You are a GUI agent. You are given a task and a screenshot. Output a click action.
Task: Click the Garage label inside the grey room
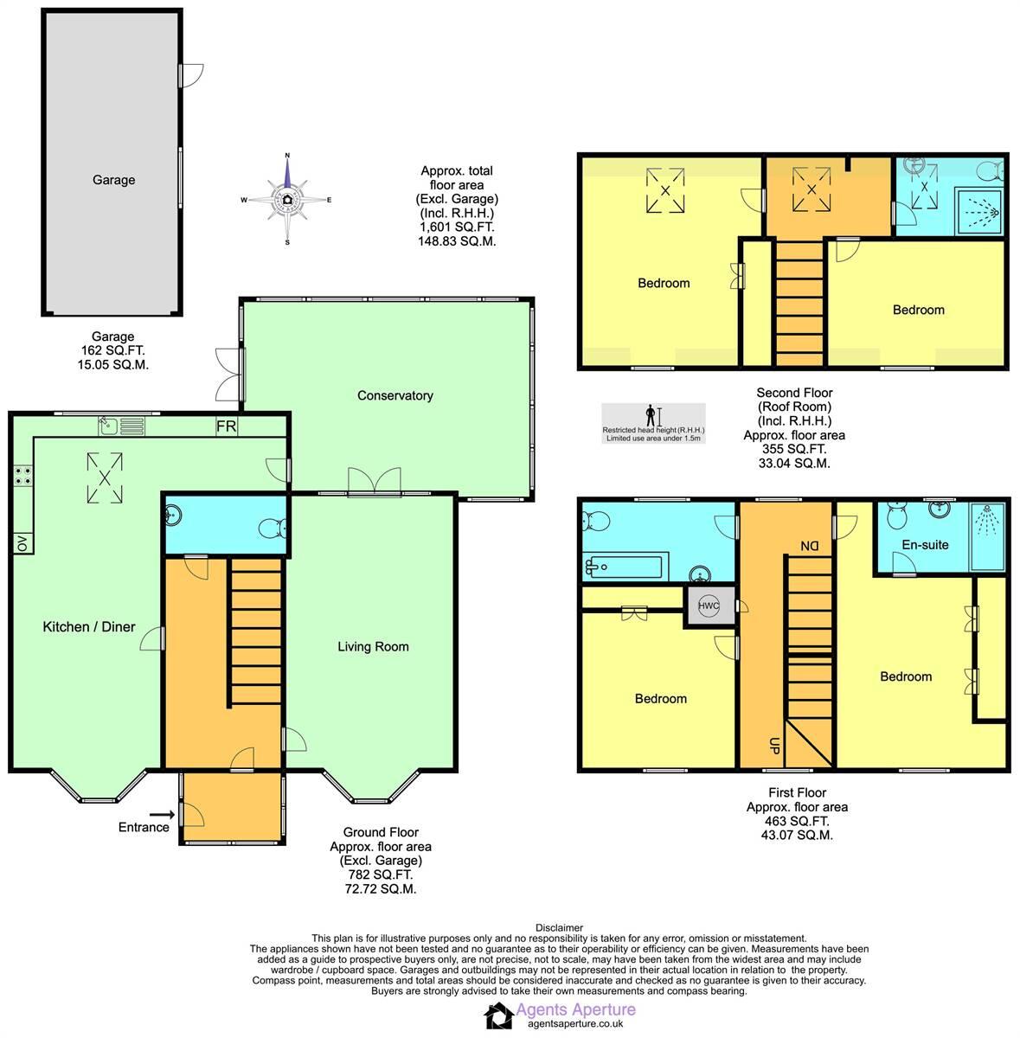pos(113,180)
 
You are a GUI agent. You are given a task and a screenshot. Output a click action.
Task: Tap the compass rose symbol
pos(287,200)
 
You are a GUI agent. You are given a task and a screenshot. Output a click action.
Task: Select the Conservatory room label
pos(395,395)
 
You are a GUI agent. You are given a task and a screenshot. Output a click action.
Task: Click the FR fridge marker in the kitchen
pos(225,426)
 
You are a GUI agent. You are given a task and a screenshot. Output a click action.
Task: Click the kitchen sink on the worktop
pos(109,426)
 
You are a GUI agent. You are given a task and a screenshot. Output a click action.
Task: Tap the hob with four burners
pos(22,476)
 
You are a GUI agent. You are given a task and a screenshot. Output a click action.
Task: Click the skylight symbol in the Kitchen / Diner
pos(105,477)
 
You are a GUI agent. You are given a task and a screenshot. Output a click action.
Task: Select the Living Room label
pos(373,646)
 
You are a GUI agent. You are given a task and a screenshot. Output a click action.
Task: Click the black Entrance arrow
pos(160,814)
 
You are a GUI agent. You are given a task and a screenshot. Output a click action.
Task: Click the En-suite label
pos(925,545)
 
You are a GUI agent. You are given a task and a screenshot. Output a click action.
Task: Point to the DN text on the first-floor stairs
pos(809,546)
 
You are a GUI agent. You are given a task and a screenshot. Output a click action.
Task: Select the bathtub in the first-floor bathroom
pos(624,568)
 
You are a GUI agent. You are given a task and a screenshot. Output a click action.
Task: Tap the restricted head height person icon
pos(651,416)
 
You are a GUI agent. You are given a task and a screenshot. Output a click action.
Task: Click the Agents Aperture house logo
pos(498,1016)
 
